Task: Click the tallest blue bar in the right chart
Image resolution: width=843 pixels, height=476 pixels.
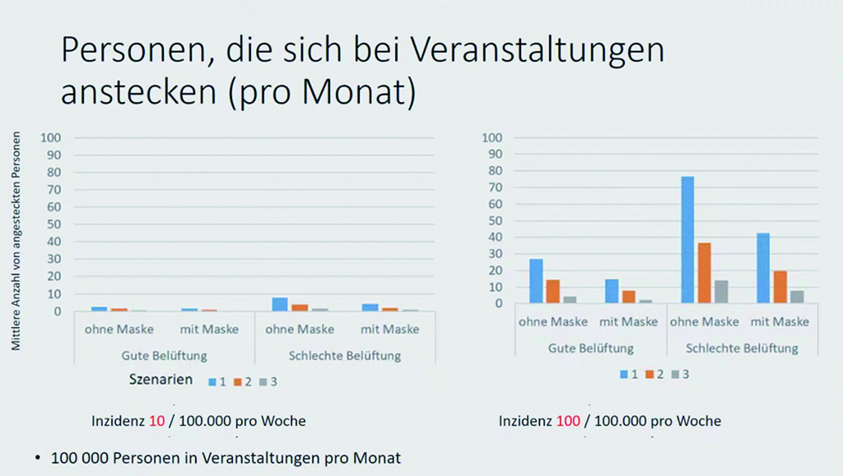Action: point(687,240)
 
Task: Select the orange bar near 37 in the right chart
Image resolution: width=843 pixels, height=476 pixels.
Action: point(704,273)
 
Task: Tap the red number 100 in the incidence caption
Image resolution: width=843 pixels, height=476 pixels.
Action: point(568,421)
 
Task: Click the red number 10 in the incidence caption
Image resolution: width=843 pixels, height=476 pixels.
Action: point(157,421)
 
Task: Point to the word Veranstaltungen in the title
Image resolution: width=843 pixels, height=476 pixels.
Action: point(536,51)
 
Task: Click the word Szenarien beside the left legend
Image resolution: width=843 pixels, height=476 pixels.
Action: point(161,380)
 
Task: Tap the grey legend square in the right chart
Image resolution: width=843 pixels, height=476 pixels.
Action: point(674,374)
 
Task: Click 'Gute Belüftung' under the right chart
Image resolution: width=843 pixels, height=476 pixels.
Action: point(590,348)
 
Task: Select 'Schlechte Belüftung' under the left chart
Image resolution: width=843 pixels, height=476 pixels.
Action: point(345,355)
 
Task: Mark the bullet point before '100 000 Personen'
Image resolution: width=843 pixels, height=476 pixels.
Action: point(38,457)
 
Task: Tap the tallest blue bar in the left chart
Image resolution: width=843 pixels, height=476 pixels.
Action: point(281,304)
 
